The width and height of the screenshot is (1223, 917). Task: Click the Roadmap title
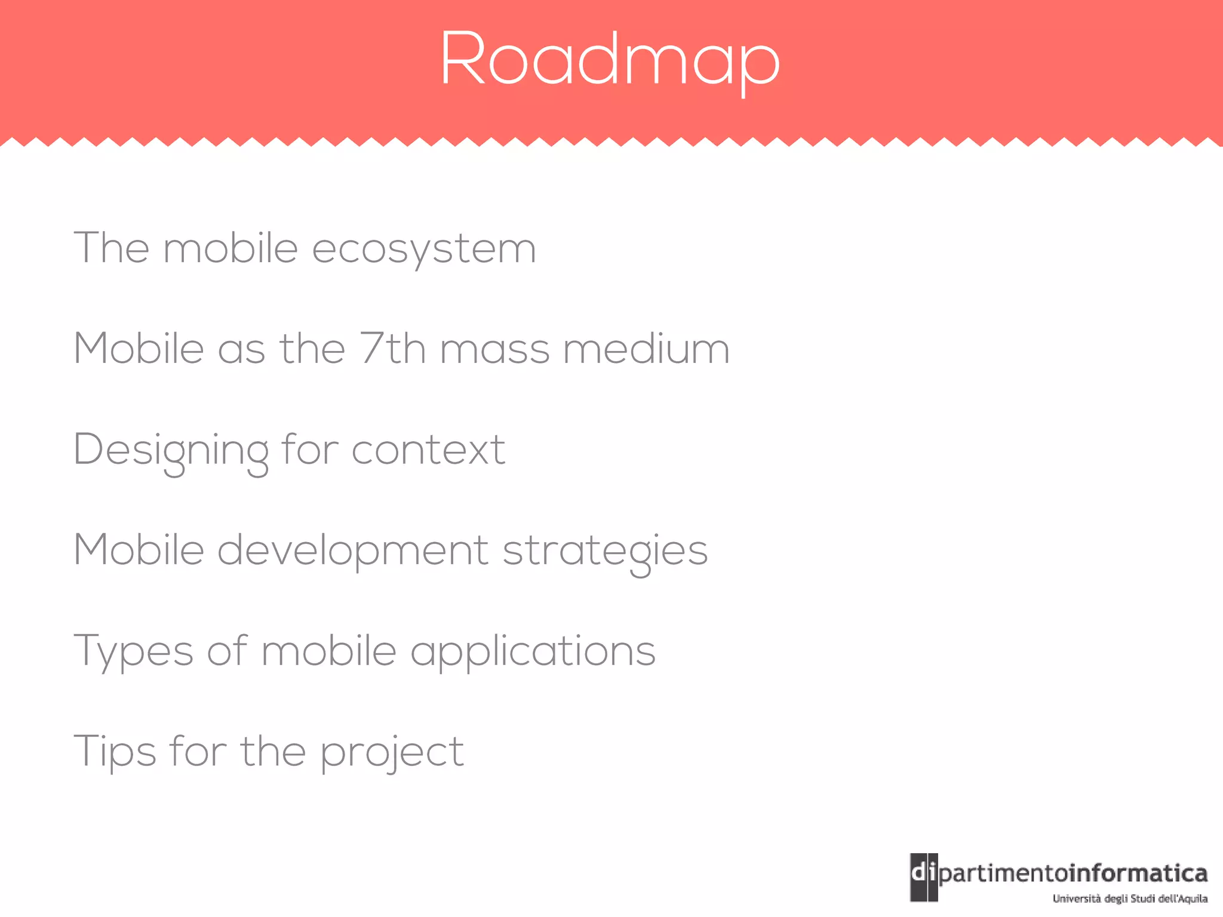pos(610,60)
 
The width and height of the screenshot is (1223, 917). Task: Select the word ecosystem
pos(424,249)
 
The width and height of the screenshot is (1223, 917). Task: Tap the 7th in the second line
pos(392,348)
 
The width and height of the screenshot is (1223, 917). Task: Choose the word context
pos(428,450)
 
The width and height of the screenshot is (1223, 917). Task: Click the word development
pos(352,550)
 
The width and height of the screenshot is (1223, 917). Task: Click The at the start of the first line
pos(111,248)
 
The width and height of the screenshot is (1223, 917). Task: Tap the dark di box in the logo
pos(923,876)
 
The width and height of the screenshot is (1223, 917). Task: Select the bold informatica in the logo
pos(1138,873)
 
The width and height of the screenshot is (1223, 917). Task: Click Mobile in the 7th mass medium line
pos(139,349)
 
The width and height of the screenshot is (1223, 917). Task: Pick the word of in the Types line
pos(227,651)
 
